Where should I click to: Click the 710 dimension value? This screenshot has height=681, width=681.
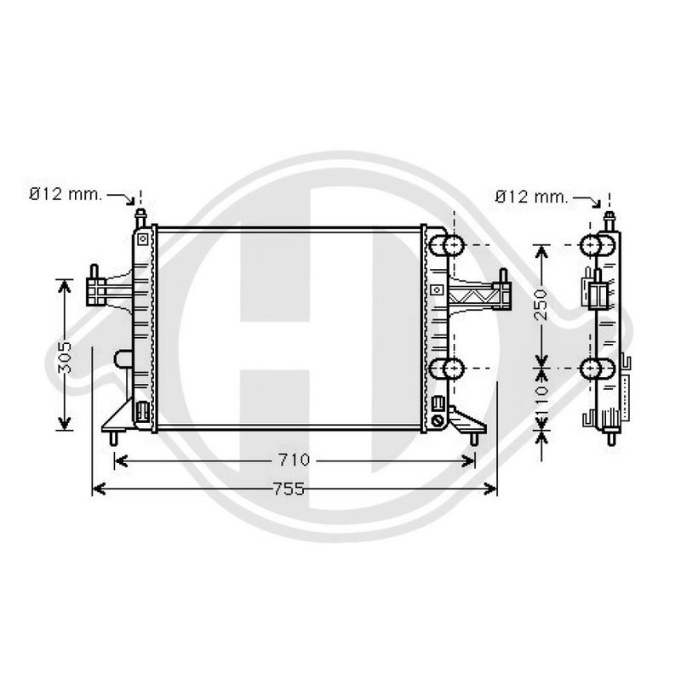pyautogui.click(x=294, y=460)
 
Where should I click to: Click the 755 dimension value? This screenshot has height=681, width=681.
pyautogui.click(x=289, y=489)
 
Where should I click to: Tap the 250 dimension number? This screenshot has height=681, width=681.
pyautogui.click(x=541, y=305)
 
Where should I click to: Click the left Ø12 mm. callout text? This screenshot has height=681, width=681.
pyautogui.click(x=66, y=194)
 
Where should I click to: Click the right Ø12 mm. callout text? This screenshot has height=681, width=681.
pyautogui.click(x=531, y=197)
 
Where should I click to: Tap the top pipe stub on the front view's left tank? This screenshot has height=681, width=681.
pyautogui.click(x=140, y=219)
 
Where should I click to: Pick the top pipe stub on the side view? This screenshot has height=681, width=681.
pyautogui.click(x=609, y=221)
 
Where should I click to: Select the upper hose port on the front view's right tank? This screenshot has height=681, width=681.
pyautogui.click(x=447, y=246)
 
